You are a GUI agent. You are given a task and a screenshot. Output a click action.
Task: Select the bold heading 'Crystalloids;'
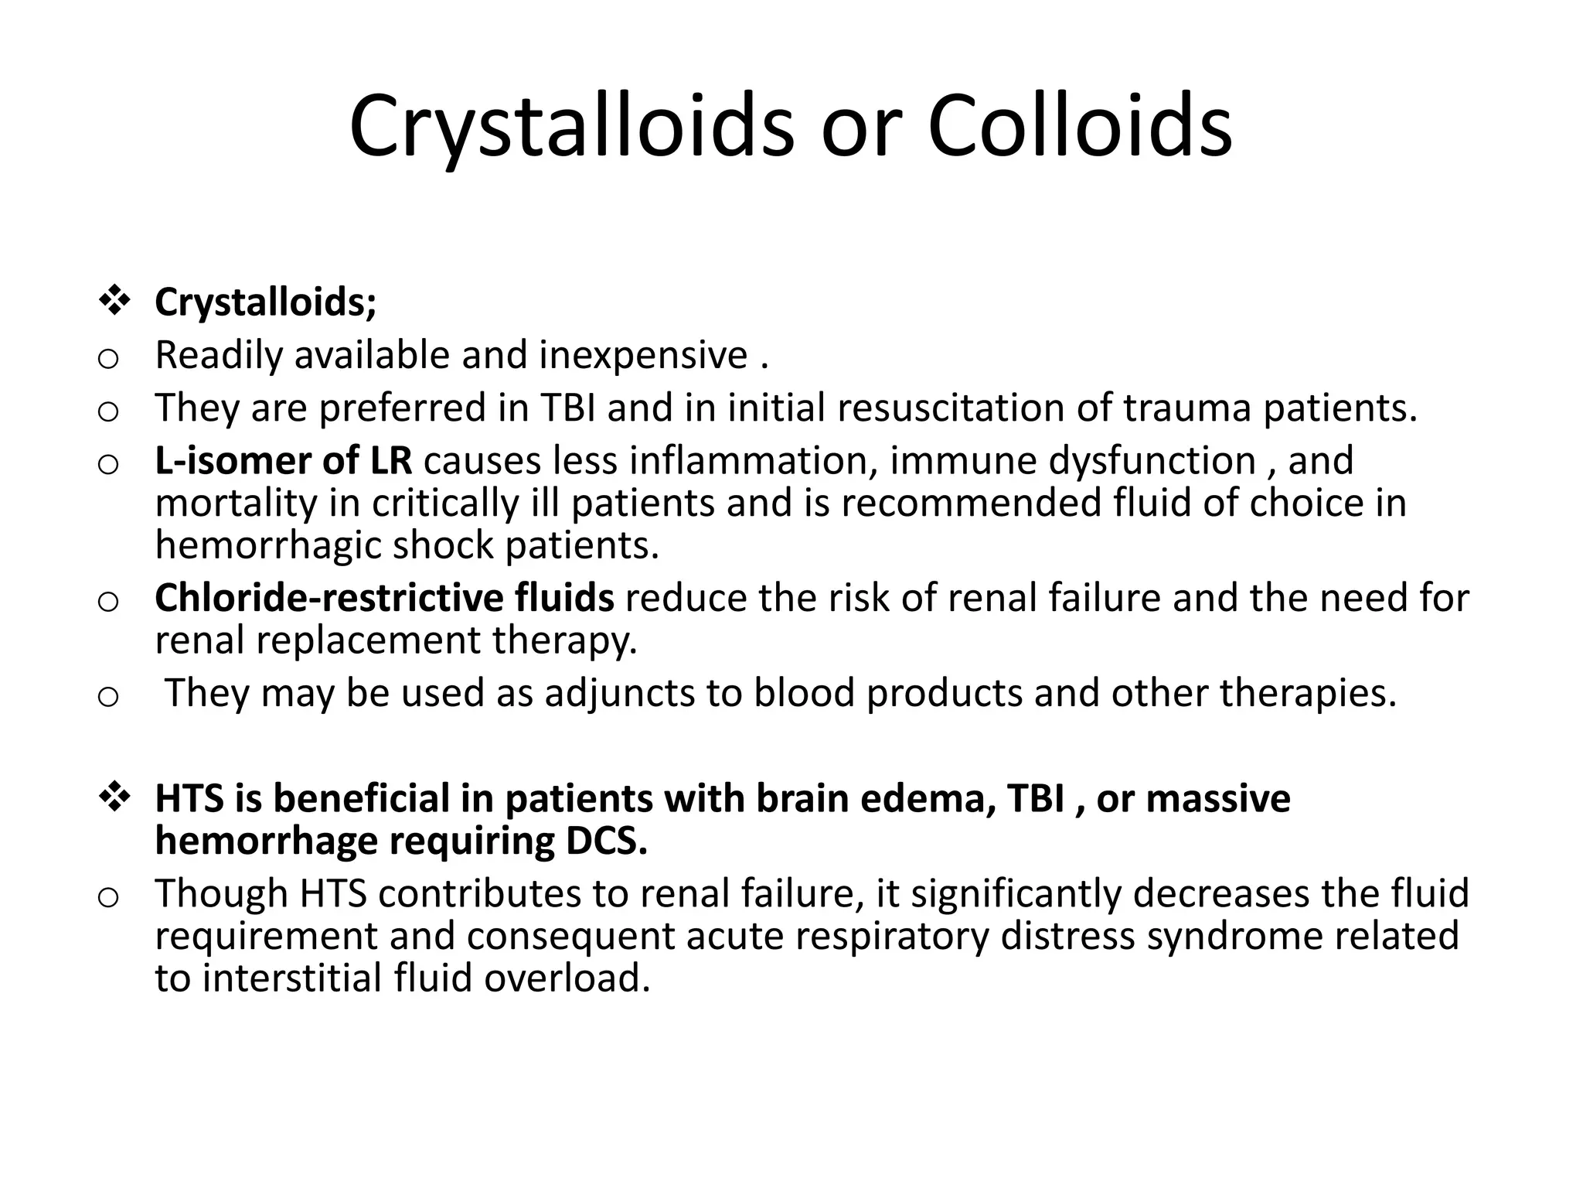(x=266, y=302)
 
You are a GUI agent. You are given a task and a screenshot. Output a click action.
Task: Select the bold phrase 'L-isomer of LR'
(x=283, y=461)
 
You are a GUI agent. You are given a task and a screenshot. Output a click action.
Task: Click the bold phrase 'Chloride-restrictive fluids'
(x=384, y=598)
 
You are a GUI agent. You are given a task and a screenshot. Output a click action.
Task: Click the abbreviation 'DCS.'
(x=607, y=841)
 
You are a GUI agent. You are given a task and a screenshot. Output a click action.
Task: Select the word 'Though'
(x=221, y=894)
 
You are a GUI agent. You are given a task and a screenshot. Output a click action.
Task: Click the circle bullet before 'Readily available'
(x=108, y=359)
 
